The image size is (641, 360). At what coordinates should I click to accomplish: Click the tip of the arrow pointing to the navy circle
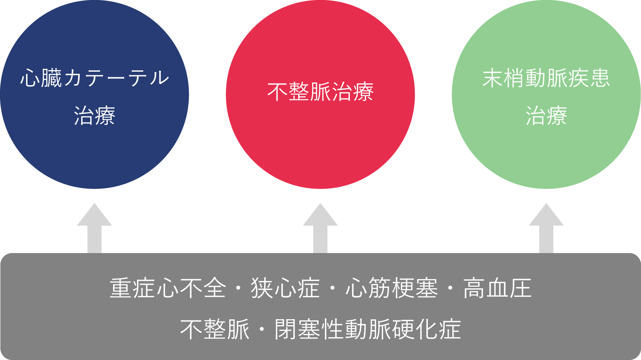point(95,203)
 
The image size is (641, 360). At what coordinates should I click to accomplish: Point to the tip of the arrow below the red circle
point(320,203)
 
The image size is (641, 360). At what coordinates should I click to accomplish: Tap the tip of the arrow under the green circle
point(546,203)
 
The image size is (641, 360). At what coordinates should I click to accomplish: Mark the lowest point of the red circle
point(320,189)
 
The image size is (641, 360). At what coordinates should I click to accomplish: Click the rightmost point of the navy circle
point(189,95)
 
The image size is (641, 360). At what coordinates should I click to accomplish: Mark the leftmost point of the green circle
point(452,95)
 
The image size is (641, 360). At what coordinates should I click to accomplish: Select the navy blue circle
point(95,95)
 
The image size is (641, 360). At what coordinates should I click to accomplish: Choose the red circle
point(320,95)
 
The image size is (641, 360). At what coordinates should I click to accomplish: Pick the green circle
point(546,95)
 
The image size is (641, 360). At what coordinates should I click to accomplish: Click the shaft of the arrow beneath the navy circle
point(95,239)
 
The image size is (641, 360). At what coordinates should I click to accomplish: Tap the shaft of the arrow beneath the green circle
point(546,239)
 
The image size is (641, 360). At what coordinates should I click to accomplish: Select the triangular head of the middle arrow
point(320,215)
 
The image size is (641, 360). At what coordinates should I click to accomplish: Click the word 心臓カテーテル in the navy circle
point(95,78)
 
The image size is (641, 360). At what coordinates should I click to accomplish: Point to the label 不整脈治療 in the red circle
point(320,92)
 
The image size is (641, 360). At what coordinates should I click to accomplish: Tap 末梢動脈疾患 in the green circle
point(546,78)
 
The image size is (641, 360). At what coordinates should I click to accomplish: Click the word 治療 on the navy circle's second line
point(95,116)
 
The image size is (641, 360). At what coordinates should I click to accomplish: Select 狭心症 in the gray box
point(285,288)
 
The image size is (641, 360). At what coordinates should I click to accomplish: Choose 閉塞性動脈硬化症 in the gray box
point(368,330)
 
